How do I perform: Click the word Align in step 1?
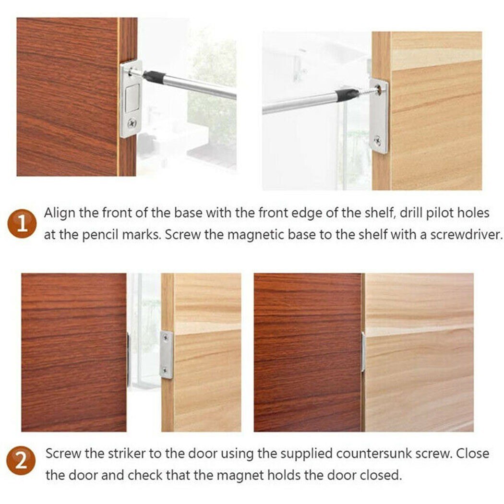pyautogui.click(x=60, y=213)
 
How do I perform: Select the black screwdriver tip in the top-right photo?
pyautogui.click(x=347, y=95)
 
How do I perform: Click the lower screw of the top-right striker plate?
pyautogui.click(x=378, y=141)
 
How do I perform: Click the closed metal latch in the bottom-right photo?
pyautogui.click(x=363, y=352)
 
